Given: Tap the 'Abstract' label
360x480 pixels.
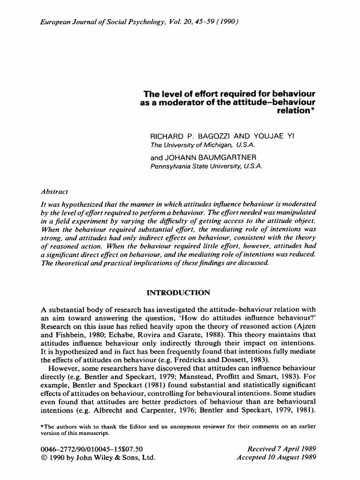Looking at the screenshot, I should point(55,191).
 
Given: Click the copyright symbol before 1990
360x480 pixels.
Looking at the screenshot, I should point(45,457).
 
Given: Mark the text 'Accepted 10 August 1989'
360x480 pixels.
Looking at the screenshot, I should point(277,457).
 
